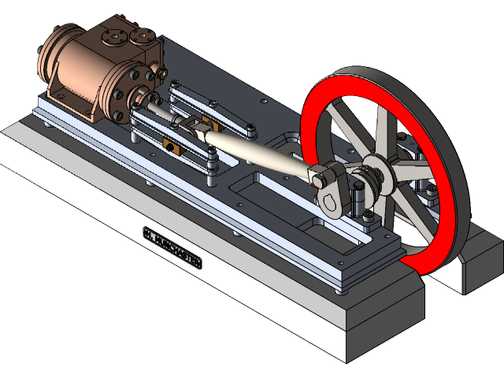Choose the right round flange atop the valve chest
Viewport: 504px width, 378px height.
click(143, 35)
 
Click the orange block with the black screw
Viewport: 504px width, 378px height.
click(168, 144)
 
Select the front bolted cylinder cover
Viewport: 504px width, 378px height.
click(126, 93)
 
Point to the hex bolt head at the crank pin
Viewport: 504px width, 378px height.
click(317, 180)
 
